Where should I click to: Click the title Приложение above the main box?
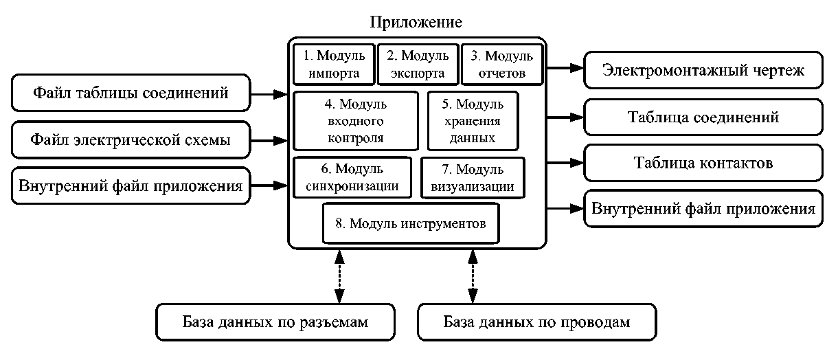[x=416, y=21]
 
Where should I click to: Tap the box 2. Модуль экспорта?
[x=417, y=64]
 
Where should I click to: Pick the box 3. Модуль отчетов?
[x=501, y=64]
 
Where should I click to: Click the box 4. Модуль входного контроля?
[x=355, y=121]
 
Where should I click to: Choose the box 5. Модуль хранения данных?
[x=473, y=121]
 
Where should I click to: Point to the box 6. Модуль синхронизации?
[x=352, y=177]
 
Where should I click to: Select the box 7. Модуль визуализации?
[x=473, y=177]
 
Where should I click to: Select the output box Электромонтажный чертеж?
[x=703, y=69]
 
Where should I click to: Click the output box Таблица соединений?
[x=703, y=117]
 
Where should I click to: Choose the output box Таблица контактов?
[x=703, y=164]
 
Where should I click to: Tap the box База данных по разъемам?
[x=276, y=322]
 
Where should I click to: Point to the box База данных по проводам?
[x=536, y=322]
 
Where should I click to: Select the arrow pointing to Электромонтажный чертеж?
[x=565, y=69]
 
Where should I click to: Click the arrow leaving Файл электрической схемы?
[x=270, y=140]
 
